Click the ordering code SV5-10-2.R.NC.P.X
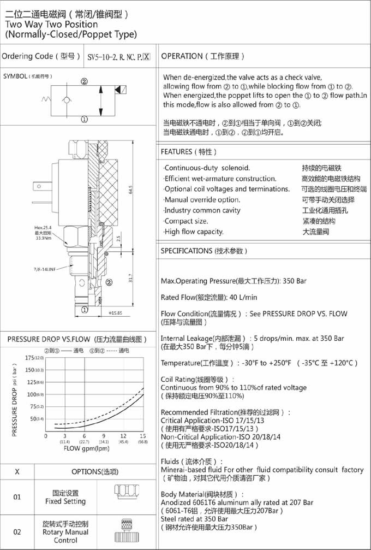(x=118, y=57)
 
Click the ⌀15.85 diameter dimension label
(x=115, y=313)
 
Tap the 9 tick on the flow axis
(x=104, y=436)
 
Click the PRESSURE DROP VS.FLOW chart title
(x=77, y=339)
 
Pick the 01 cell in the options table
(x=17, y=497)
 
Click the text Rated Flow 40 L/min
(x=209, y=298)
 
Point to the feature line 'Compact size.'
(x=186, y=221)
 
